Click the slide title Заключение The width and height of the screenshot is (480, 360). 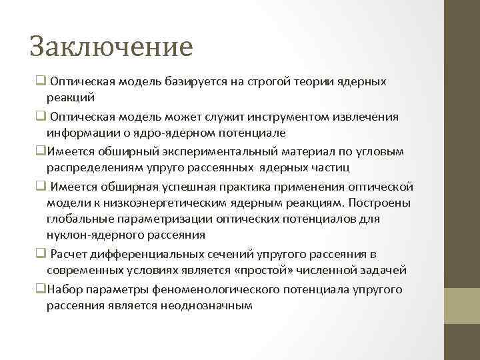[x=111, y=47]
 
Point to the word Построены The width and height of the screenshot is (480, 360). [x=382, y=202]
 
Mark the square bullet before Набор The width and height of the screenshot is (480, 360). [x=41, y=290]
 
